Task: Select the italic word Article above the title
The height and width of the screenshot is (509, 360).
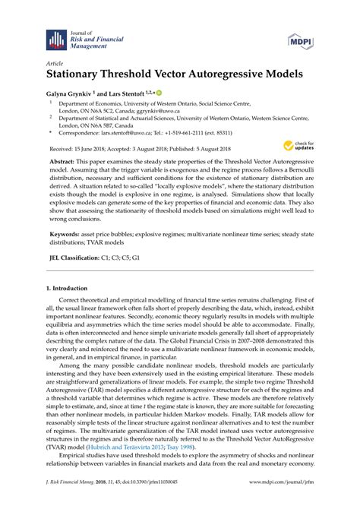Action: point(55,64)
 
